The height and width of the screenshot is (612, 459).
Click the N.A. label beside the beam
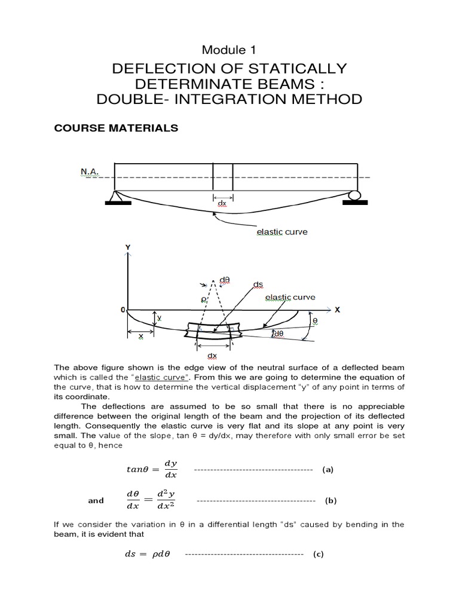(x=90, y=172)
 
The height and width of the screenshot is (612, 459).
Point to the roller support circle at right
(x=354, y=195)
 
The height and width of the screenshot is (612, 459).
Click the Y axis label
(x=127, y=246)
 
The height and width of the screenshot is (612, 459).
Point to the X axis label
(x=336, y=310)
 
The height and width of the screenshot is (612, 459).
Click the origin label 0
(x=122, y=310)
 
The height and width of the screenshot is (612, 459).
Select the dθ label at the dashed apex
(x=225, y=279)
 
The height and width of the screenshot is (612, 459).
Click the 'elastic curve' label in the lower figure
(x=290, y=297)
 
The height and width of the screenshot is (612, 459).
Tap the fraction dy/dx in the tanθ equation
(x=170, y=469)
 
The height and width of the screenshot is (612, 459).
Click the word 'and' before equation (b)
(x=96, y=500)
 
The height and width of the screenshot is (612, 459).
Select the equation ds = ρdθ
(x=146, y=554)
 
